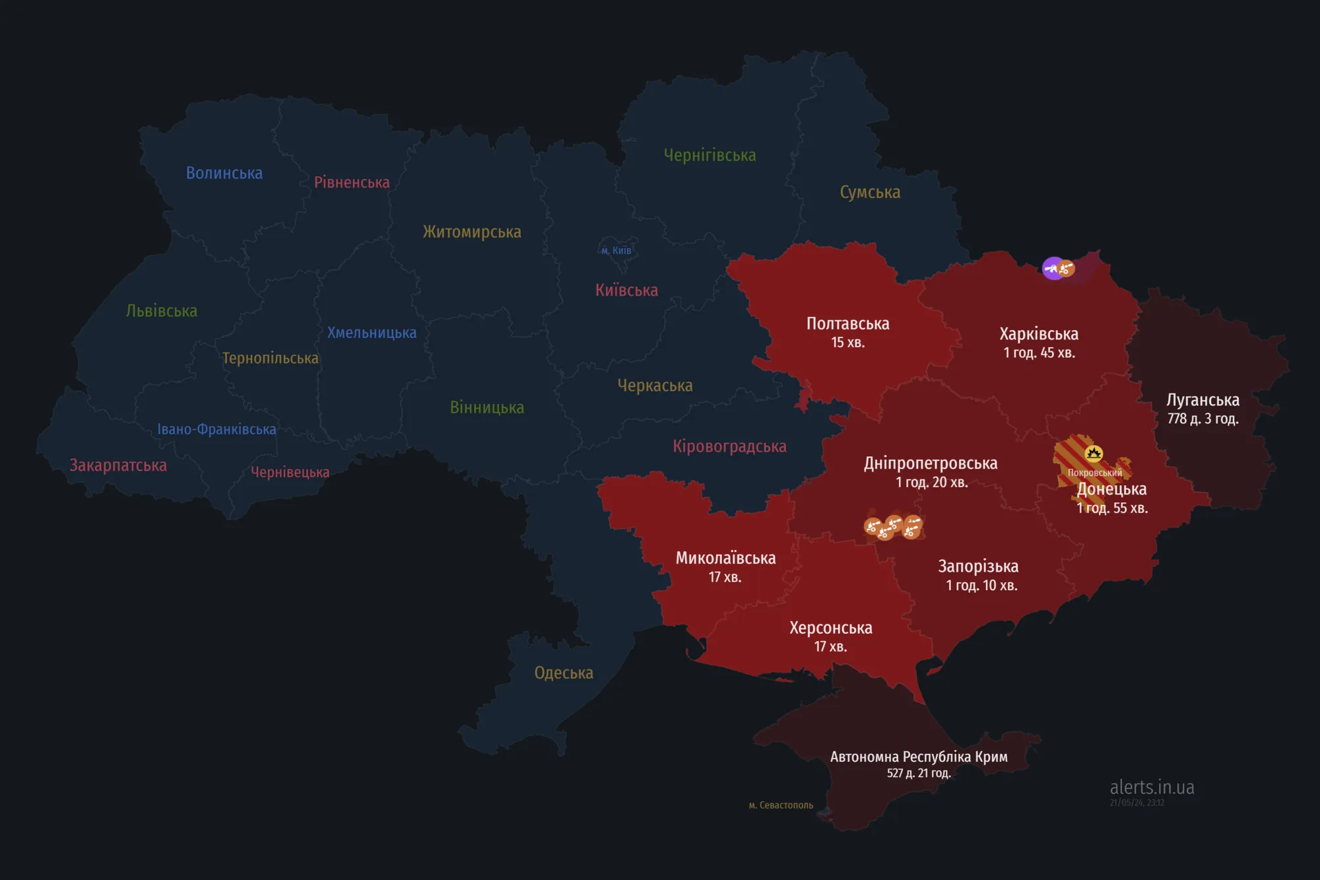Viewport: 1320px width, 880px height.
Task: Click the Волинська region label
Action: coord(224,173)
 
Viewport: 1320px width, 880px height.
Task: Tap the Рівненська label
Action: coord(352,182)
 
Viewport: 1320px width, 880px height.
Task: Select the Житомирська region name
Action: coord(472,232)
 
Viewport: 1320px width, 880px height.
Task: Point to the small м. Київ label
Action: coord(616,250)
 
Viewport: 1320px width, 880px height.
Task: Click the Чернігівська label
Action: coord(710,155)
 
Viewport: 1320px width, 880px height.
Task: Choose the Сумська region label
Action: coord(870,192)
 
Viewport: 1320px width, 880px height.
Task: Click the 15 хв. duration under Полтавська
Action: coord(847,343)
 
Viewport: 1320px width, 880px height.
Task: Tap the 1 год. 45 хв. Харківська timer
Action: coord(1039,353)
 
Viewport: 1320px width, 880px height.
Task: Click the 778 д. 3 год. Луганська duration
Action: coord(1203,419)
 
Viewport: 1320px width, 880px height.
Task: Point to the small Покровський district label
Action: coord(1094,473)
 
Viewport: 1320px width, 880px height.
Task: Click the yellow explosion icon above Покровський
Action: coord(1094,453)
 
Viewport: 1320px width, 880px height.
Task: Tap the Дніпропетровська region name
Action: coord(931,463)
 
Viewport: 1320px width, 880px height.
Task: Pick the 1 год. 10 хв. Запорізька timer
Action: coord(981,585)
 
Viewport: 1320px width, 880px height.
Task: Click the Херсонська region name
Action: coord(830,628)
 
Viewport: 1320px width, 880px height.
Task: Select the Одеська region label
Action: coord(564,673)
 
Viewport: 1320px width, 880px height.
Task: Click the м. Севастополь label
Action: coord(781,805)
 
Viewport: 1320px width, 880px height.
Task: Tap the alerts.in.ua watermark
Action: coord(1152,787)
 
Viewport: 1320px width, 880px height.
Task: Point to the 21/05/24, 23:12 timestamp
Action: coord(1137,803)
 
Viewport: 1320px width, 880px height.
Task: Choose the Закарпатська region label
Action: coord(118,465)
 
